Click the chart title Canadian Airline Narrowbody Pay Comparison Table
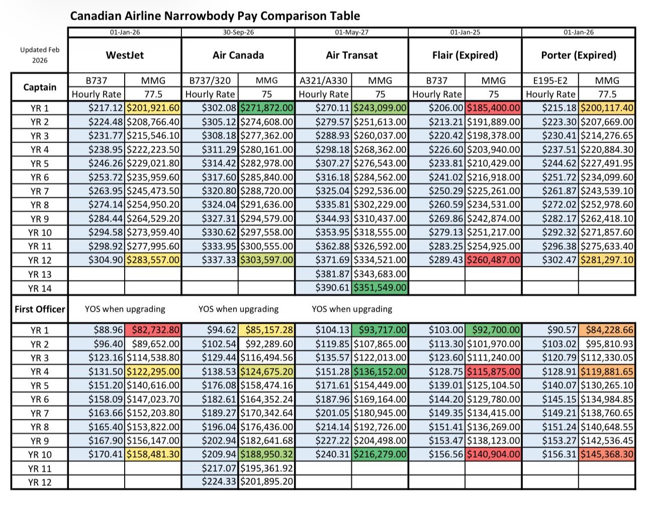pos(215,16)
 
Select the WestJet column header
pos(125,55)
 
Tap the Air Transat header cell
pos(351,55)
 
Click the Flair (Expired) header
pos(465,55)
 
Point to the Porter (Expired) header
pos(579,55)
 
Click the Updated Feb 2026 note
pos(40,55)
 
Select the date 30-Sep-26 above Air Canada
pos(238,32)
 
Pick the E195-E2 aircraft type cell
pos(550,81)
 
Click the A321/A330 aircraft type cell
pos(323,81)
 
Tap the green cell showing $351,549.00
pos(380,288)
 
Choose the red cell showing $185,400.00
pos(494,108)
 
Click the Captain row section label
pos(40,87)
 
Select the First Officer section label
pos(40,309)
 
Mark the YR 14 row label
pos(40,288)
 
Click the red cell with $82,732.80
pos(153,330)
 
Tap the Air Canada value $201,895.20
pos(266,482)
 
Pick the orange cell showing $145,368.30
pos(607,454)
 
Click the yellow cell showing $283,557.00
pos(153,260)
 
